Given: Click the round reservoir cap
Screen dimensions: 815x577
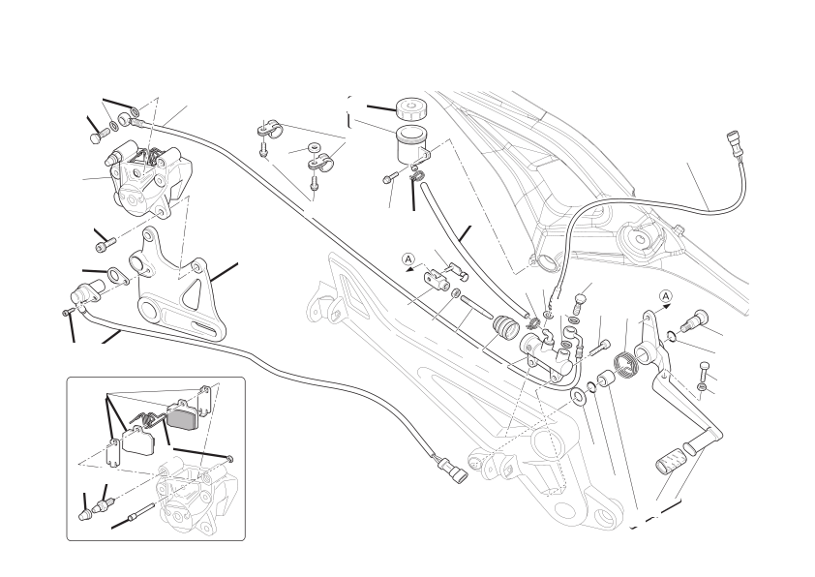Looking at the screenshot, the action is [x=410, y=109].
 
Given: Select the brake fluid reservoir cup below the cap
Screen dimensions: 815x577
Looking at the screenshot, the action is [x=411, y=143].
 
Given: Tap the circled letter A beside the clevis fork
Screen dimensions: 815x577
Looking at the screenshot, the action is [x=409, y=258].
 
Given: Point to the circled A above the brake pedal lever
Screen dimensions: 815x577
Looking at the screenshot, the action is [x=666, y=297].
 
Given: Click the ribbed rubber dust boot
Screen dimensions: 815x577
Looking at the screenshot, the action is [x=505, y=326].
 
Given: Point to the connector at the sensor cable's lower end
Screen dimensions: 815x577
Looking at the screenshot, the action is [x=453, y=468].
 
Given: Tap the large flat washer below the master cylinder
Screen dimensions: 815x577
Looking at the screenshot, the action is [x=578, y=396].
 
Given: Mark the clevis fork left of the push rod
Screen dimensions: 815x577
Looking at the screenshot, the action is [x=435, y=278].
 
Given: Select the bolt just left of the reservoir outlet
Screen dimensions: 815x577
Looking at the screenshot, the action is [x=389, y=178].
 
